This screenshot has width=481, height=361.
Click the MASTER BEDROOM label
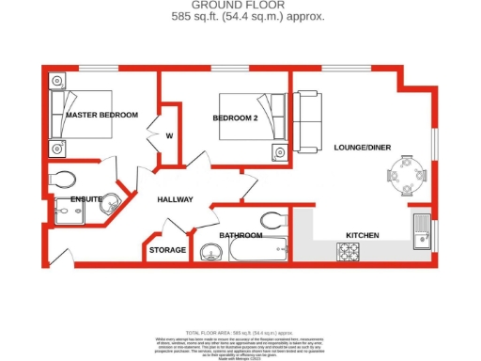[101, 115]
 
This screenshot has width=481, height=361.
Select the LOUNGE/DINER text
[361, 147]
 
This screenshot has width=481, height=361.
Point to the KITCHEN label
[362, 235]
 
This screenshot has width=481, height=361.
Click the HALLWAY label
[175, 199]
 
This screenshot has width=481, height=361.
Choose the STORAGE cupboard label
[167, 250]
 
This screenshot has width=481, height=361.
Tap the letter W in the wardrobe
[169, 134]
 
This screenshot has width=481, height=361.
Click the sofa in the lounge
[307, 123]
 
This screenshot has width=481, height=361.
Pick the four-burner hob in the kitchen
[349, 251]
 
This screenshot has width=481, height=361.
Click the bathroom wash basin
[209, 251]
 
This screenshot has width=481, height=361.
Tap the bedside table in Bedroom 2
[280, 152]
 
